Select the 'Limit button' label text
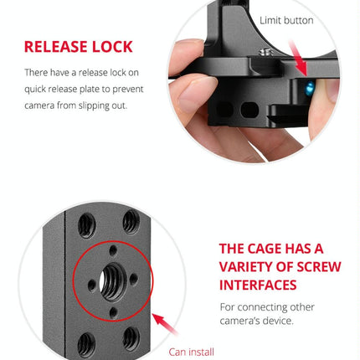coord(286,19)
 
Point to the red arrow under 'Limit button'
coord(300,53)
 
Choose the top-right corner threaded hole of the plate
coord(131,220)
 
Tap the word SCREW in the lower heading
coord(317,267)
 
